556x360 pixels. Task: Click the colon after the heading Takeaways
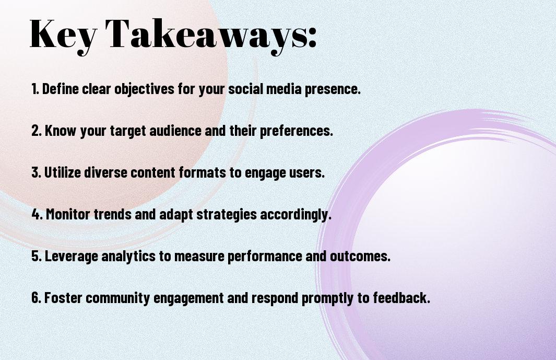click(x=312, y=37)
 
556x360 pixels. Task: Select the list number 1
click(x=35, y=89)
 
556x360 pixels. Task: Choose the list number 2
click(x=36, y=131)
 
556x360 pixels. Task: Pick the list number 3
click(x=36, y=172)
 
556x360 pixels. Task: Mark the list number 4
click(x=37, y=214)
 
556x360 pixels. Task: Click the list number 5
click(x=36, y=256)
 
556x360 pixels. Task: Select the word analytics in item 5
click(x=128, y=257)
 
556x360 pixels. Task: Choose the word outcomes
click(x=360, y=256)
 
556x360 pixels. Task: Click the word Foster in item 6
click(x=63, y=297)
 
